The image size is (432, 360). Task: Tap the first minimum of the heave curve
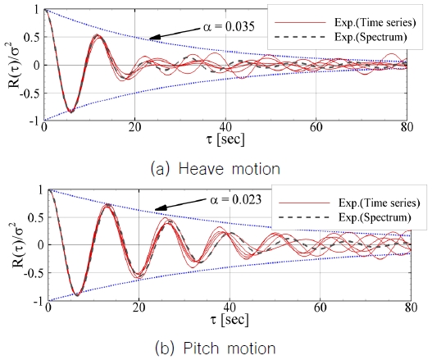71,111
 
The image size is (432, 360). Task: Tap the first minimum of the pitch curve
77,294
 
